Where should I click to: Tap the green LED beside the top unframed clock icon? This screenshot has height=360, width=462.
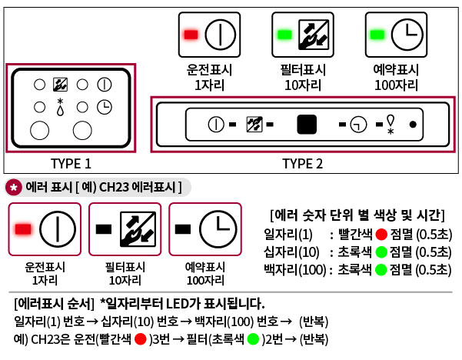click(377, 35)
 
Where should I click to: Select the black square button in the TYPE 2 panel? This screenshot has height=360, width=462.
click(307, 124)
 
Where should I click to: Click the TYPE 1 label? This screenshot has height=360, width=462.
click(71, 163)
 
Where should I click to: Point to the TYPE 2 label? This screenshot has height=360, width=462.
click(302, 163)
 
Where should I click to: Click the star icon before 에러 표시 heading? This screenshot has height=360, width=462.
click(14, 188)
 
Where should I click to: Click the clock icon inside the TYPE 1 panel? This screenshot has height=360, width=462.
click(105, 107)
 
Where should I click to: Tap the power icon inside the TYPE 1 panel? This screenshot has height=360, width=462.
click(105, 84)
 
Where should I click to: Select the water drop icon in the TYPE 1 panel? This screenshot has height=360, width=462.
click(60, 108)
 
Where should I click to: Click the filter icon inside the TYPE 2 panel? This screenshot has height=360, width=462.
click(253, 124)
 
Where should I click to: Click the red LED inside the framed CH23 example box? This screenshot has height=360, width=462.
click(23, 228)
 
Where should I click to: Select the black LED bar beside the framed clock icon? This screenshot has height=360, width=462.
click(183, 228)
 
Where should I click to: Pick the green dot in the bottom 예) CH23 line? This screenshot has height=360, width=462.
click(253, 339)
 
